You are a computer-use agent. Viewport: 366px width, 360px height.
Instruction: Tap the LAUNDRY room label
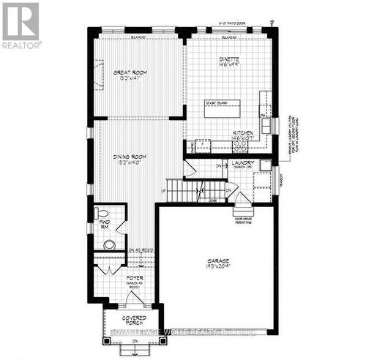coord(242,164)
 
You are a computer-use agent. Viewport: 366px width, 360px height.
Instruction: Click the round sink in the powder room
coord(109,245)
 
